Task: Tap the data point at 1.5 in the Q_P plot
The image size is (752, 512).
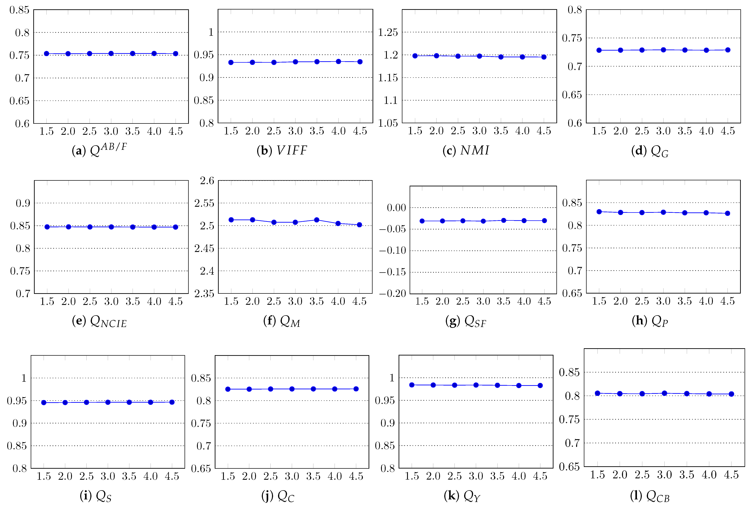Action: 599,212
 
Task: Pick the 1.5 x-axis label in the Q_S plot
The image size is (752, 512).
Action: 44,476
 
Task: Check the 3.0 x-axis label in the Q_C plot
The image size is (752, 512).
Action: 292,476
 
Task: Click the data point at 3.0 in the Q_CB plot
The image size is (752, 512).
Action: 664,393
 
